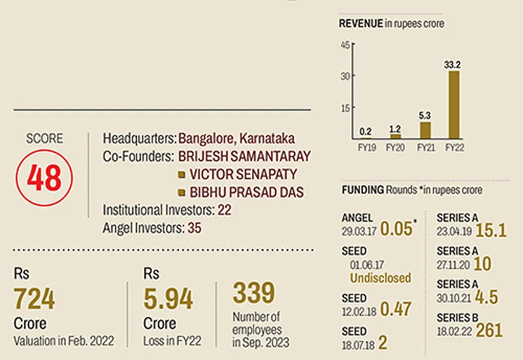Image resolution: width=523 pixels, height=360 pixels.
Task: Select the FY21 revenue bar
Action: click(x=425, y=130)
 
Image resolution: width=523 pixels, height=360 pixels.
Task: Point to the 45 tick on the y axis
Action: click(x=346, y=44)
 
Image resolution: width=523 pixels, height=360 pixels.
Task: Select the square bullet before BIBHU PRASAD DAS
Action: click(x=182, y=193)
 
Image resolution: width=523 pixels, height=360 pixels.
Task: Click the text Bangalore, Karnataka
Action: click(x=236, y=139)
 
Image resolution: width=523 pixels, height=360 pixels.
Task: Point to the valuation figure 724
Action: click(x=34, y=299)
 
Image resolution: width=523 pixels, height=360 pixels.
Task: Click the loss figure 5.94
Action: click(x=168, y=299)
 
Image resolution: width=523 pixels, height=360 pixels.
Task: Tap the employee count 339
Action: click(x=254, y=293)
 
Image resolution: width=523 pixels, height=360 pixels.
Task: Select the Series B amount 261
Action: click(x=489, y=331)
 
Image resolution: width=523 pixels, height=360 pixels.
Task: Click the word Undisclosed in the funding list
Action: click(x=381, y=278)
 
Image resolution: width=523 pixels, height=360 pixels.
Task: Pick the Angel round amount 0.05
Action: click(x=396, y=229)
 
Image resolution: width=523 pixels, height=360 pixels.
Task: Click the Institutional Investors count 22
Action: click(x=225, y=210)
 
